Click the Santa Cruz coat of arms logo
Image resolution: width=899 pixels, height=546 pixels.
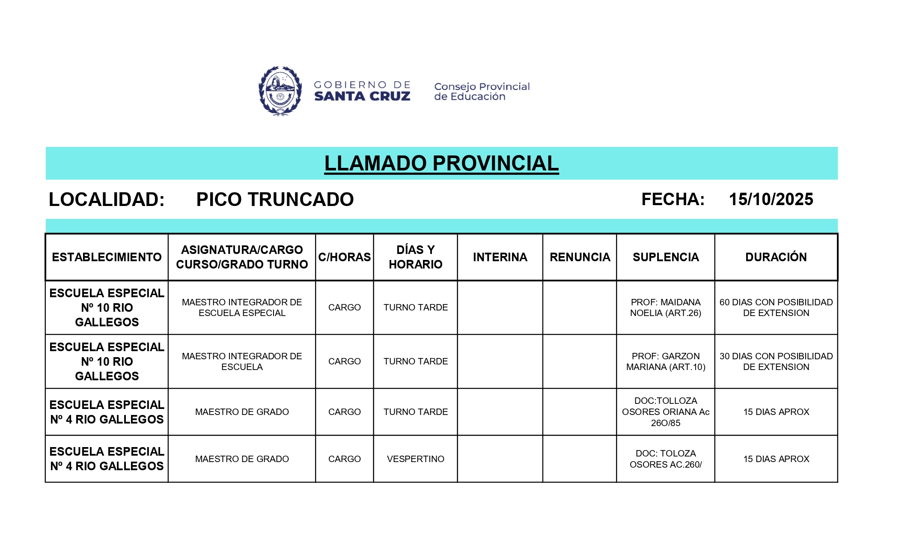(x=280, y=91)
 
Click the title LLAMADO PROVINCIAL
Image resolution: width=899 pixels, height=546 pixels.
(x=441, y=163)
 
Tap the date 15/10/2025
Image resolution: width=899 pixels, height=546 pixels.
(x=771, y=199)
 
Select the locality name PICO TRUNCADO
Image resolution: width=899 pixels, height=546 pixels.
(x=275, y=199)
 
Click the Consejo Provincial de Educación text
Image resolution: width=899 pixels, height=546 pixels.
(x=482, y=91)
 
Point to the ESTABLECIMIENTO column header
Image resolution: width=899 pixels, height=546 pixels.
(x=107, y=257)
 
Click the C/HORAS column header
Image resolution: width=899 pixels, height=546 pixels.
(x=344, y=257)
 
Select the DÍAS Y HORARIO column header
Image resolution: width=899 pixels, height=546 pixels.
(x=415, y=257)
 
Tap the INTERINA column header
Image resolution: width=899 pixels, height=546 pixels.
(x=500, y=257)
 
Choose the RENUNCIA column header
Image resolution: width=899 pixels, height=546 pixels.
(x=580, y=257)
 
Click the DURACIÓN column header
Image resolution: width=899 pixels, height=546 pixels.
(x=776, y=257)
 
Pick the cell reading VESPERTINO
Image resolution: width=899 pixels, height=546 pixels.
(x=415, y=459)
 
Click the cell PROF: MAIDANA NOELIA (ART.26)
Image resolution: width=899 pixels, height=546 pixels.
(x=665, y=307)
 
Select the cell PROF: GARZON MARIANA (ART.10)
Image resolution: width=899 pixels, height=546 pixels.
(x=665, y=361)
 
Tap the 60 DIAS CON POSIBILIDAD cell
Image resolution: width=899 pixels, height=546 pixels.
(x=776, y=307)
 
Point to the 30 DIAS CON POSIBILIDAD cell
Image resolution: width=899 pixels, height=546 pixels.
(x=776, y=361)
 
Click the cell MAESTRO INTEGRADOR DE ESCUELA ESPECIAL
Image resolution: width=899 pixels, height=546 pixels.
(x=242, y=307)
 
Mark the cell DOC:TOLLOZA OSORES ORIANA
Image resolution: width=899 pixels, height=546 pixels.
(x=665, y=412)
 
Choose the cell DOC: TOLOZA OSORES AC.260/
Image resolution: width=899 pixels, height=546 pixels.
(x=665, y=459)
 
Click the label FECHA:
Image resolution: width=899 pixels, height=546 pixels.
(x=673, y=199)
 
